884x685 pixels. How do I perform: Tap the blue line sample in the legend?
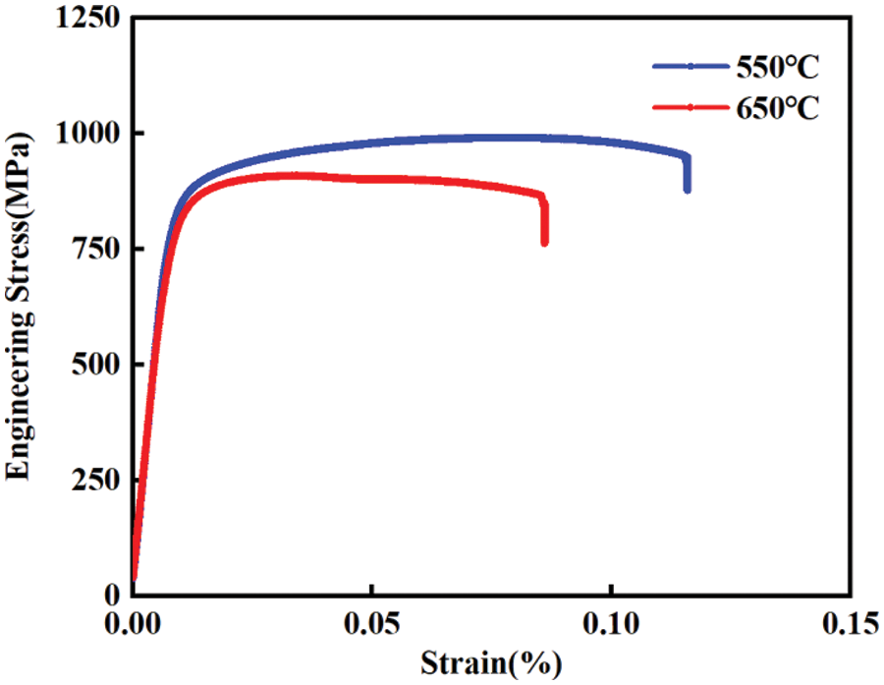[690, 67]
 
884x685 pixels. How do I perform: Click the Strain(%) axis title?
[492, 663]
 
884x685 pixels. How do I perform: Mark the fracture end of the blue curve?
[687, 189]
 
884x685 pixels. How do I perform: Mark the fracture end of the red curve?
[544, 242]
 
